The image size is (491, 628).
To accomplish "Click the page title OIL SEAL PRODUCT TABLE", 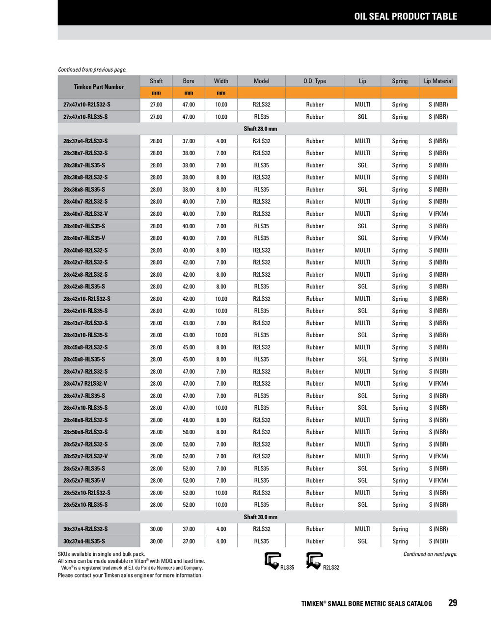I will tap(406, 16).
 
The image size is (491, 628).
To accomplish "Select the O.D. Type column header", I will tap(314, 81).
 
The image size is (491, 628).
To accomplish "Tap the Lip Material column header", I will tap(438, 81).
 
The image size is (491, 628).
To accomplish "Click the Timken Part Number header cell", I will tap(99, 87).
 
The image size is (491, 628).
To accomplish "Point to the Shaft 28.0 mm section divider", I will tap(260, 129).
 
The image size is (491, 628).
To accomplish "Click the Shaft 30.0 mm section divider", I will tap(260, 517).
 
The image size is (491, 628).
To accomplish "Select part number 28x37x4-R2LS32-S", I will tap(85, 141).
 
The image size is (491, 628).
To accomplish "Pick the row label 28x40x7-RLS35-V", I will tap(84, 238).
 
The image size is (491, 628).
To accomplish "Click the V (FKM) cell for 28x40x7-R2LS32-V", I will tap(438, 214).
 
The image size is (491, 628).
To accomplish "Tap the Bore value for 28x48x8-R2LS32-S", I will tap(189, 420).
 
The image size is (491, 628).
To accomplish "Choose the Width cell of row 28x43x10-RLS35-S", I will tap(221, 335).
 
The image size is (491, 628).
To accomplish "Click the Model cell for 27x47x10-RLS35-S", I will tap(261, 117).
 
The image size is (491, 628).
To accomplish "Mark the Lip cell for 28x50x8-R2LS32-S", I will tap(362, 432).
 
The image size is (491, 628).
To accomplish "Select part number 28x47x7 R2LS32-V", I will tap(85, 384).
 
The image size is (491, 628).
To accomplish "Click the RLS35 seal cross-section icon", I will tap(273, 560).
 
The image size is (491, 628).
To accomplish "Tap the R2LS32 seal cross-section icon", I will tap(314, 560).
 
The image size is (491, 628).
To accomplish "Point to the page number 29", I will tap(452, 603).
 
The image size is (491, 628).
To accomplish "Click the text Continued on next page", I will tap(430, 554).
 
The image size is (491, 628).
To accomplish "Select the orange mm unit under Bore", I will tap(189, 93).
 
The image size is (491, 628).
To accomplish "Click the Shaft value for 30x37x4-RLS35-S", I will tap(156, 541).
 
